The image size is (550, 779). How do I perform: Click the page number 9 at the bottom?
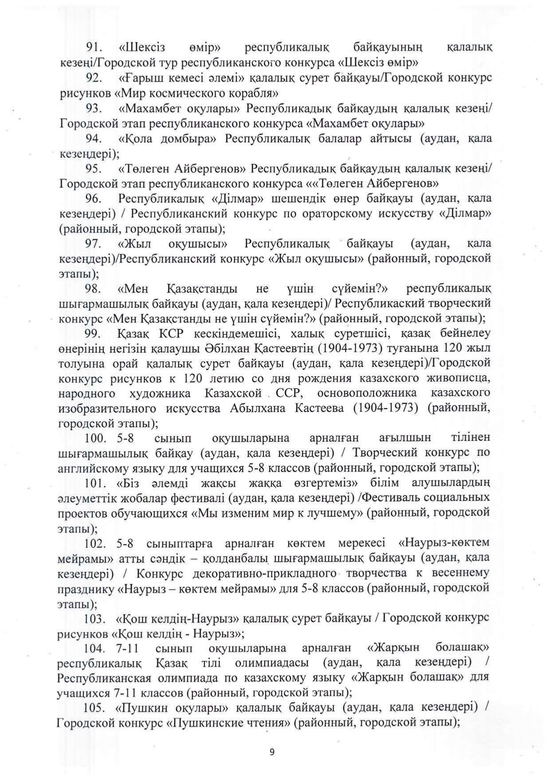(272, 752)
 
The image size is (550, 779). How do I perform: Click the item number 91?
(94, 47)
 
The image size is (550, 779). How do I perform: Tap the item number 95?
(94, 169)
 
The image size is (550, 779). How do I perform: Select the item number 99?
(94, 333)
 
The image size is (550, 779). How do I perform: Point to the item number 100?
(97, 438)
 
